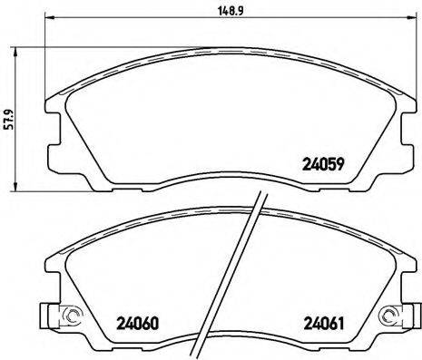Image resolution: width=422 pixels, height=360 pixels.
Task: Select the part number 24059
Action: [320, 165]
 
